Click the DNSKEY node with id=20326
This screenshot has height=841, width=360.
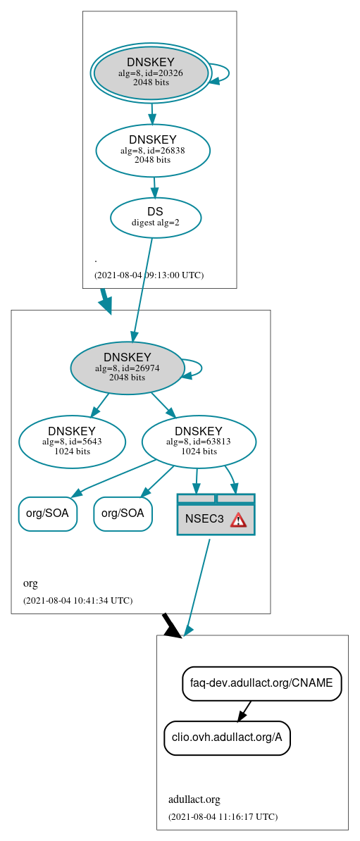(151, 73)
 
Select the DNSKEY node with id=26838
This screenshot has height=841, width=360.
(153, 150)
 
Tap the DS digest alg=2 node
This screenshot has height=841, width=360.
(156, 217)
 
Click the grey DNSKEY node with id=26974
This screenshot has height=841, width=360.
(128, 368)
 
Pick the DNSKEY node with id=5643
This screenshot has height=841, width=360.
(72, 442)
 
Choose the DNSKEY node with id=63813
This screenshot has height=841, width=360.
(199, 442)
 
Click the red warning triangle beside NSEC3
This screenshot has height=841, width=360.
(238, 520)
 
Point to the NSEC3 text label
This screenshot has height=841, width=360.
(204, 519)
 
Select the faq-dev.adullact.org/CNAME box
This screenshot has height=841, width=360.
(261, 683)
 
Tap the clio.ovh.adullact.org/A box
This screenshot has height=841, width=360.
(227, 737)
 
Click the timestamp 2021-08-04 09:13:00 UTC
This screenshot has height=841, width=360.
(149, 275)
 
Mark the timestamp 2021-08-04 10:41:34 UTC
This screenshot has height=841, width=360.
(77, 600)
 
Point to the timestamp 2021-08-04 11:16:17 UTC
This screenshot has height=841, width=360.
(223, 816)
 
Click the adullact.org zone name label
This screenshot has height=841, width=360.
(194, 799)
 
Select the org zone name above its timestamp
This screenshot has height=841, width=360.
(30, 583)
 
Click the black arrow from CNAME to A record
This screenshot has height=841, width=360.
(244, 711)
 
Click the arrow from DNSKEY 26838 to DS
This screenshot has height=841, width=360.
(154, 187)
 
